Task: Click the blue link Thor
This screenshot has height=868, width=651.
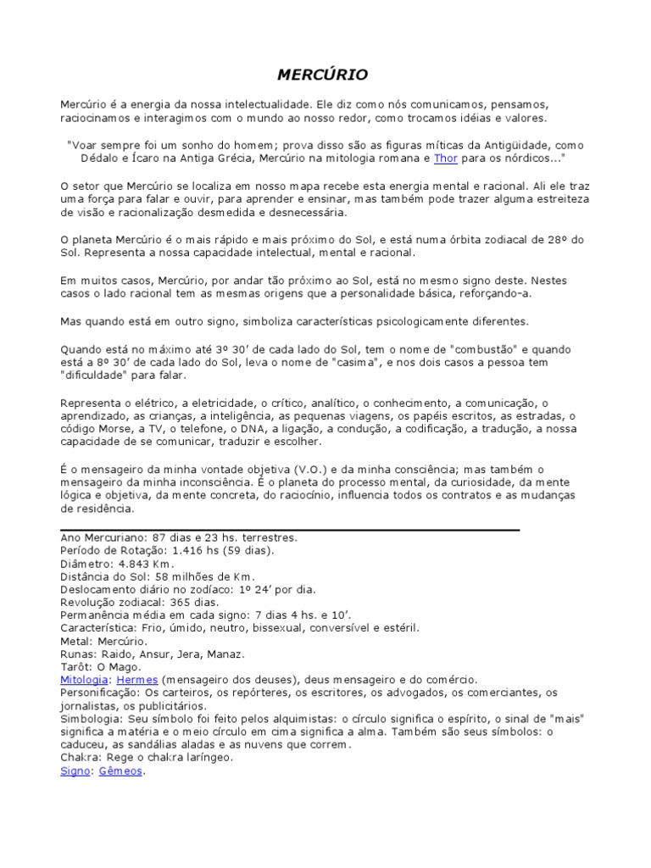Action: (x=445, y=158)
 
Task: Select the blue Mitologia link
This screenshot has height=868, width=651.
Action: (x=84, y=680)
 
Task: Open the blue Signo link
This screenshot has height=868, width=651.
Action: (x=75, y=771)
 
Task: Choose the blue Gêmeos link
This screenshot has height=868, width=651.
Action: (x=120, y=771)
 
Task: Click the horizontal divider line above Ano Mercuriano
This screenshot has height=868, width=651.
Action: (x=290, y=530)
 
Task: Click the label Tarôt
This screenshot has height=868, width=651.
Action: (x=77, y=667)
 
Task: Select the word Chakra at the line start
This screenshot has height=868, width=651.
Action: (x=79, y=758)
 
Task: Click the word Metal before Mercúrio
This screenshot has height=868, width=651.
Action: (x=75, y=641)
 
